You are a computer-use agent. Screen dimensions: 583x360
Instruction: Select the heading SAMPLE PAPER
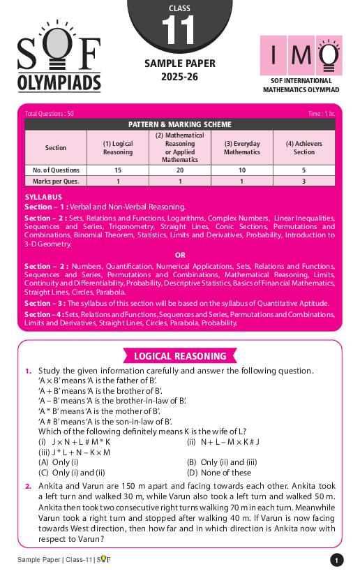(179, 64)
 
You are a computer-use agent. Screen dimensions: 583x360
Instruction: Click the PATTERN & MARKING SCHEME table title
(179, 124)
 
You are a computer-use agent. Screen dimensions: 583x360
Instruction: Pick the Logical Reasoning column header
(117, 147)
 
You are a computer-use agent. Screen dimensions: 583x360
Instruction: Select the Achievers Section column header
(303, 147)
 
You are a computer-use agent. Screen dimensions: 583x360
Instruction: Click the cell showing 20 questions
(180, 170)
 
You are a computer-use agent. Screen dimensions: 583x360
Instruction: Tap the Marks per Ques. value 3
(303, 182)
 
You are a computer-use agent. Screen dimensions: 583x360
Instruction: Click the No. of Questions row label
(56, 170)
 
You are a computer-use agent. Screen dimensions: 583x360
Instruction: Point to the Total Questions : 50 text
(49, 113)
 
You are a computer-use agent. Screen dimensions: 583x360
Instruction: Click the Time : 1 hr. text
(321, 113)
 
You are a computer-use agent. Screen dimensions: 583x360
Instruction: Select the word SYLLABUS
(43, 198)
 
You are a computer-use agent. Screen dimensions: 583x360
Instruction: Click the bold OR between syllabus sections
(180, 255)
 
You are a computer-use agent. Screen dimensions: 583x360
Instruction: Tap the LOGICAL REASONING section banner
(180, 356)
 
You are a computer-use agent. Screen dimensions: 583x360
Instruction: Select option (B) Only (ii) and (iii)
(222, 462)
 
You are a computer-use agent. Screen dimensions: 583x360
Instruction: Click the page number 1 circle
(336, 560)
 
